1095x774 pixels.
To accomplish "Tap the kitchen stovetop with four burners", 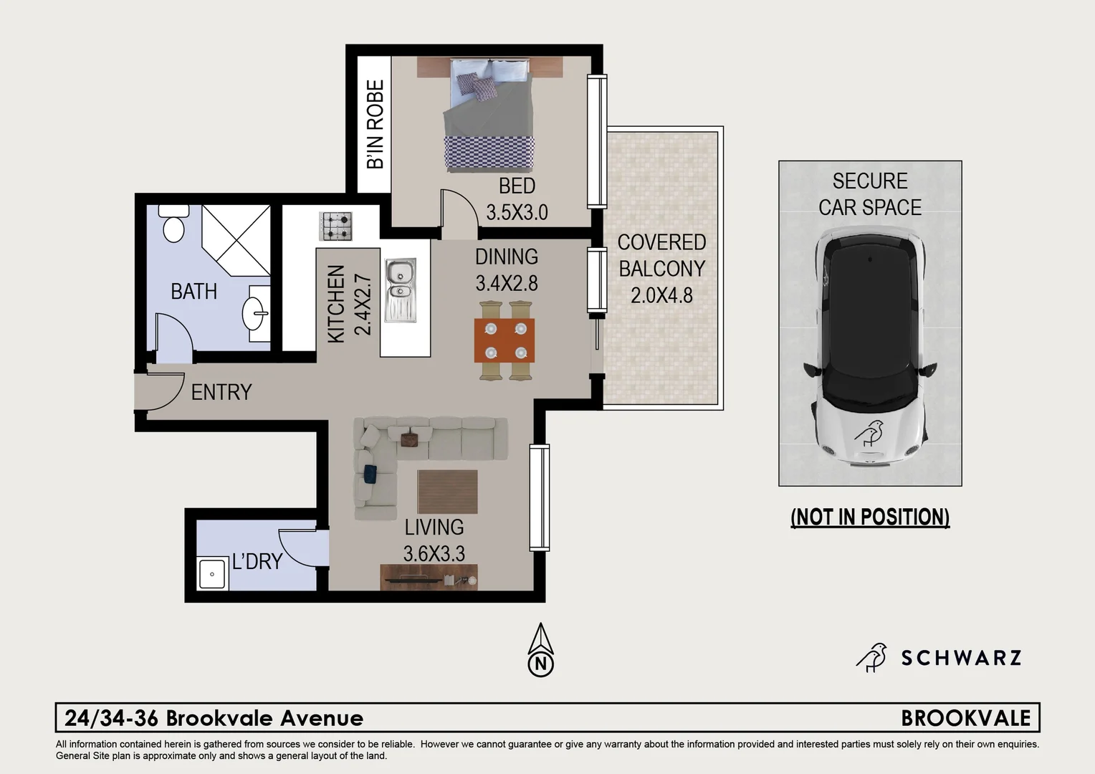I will pyautogui.click(x=335, y=226).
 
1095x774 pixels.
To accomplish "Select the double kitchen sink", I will pyautogui.click(x=400, y=289).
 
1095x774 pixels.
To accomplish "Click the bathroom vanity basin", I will pyautogui.click(x=255, y=313).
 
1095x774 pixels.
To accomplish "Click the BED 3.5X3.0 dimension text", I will pyautogui.click(x=517, y=212).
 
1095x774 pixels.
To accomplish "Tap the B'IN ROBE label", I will pyautogui.click(x=375, y=124).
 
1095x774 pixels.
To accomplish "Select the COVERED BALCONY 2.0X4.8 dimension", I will pyautogui.click(x=661, y=295).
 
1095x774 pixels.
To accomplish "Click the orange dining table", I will pyautogui.click(x=505, y=340).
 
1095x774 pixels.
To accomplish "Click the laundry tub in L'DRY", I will pyautogui.click(x=213, y=574).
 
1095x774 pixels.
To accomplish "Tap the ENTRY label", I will pyautogui.click(x=221, y=392).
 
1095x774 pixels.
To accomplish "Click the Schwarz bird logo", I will pyautogui.click(x=871, y=657).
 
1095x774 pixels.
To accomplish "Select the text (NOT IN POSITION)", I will pyautogui.click(x=870, y=517).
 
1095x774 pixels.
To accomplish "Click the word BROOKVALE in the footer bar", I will pyautogui.click(x=965, y=718).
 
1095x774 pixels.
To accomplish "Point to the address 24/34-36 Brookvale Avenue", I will pyautogui.click(x=214, y=718).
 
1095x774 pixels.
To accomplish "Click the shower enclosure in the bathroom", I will pyautogui.click(x=236, y=239).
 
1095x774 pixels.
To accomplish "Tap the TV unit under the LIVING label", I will pyautogui.click(x=429, y=577).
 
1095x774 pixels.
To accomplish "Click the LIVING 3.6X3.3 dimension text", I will pyautogui.click(x=434, y=553).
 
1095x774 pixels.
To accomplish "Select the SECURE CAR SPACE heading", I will pyautogui.click(x=870, y=193).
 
